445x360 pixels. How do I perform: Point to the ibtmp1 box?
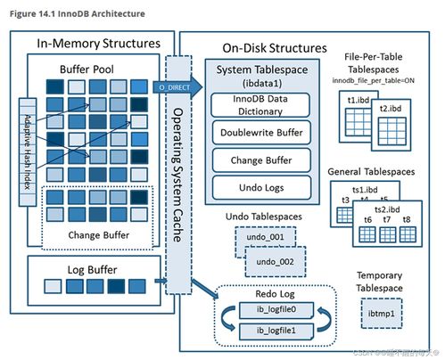(380, 315)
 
